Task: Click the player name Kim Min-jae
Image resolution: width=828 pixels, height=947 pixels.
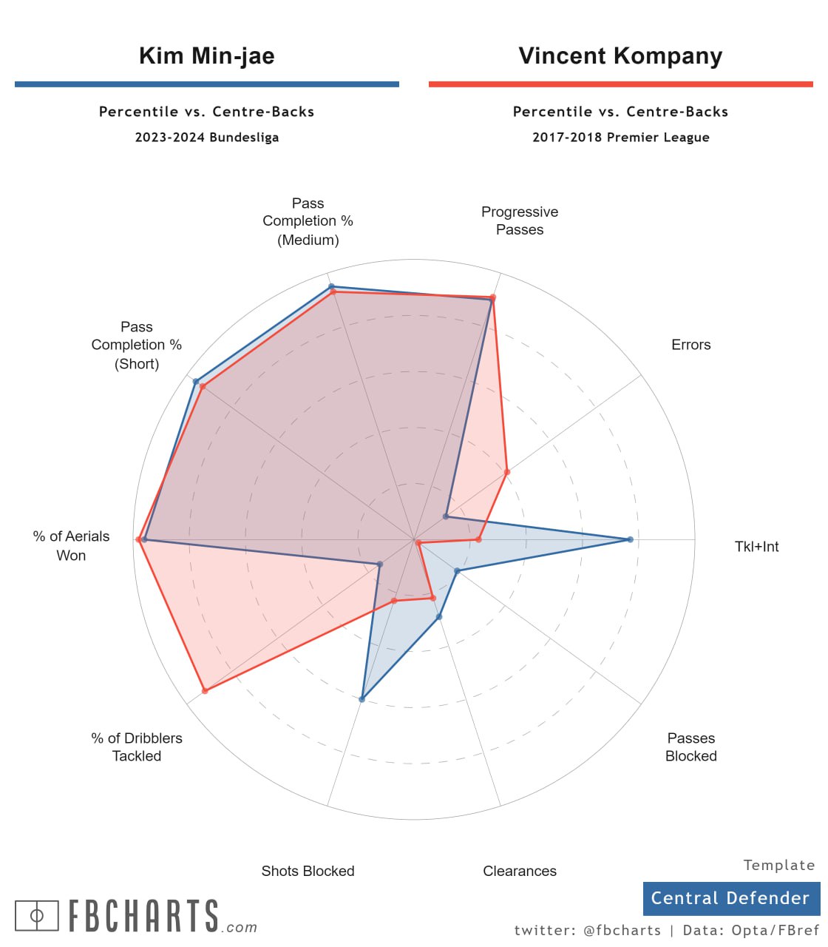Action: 207,56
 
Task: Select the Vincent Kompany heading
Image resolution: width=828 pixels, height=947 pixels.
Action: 620,56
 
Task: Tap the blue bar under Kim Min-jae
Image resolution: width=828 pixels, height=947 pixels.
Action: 207,84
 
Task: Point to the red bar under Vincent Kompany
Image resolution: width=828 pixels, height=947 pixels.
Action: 620,84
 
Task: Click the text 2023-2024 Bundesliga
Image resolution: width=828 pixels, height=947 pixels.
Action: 207,138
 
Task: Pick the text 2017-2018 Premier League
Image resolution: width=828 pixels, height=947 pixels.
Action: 620,138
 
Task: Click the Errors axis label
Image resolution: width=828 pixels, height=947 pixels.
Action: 690,345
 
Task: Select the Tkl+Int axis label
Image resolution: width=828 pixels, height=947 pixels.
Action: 756,547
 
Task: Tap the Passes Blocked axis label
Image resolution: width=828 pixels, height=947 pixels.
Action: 690,747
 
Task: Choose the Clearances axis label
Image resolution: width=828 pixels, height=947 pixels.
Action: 520,871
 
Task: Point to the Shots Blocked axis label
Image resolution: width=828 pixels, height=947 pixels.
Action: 308,871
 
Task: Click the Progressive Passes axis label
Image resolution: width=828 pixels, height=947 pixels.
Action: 520,220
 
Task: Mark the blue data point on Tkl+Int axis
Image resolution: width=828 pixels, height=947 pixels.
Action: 630,539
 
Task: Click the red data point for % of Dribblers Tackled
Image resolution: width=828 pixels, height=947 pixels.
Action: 205,691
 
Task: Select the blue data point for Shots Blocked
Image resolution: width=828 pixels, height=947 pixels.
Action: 362,698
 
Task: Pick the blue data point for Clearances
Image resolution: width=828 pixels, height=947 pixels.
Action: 439,616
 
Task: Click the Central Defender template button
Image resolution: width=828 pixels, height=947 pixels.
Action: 730,898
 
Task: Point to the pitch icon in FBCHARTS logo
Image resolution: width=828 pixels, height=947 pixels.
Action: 36,915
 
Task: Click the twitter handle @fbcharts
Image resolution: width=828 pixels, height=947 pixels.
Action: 622,931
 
